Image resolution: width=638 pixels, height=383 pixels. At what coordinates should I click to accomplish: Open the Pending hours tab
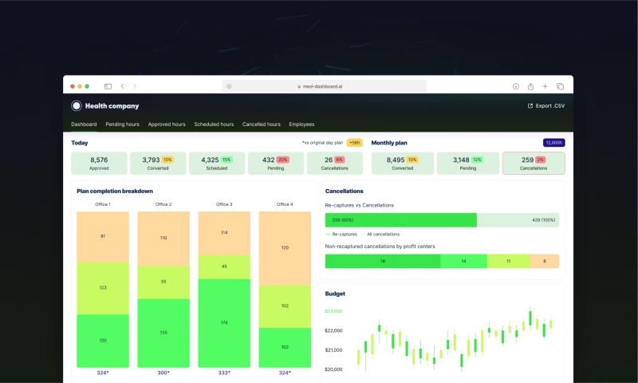coord(122,124)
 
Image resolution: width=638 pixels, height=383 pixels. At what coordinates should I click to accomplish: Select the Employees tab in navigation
coord(301,124)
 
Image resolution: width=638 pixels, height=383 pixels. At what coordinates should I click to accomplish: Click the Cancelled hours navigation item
coord(262,124)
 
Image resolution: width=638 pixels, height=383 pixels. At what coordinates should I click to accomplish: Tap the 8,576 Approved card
coord(99,163)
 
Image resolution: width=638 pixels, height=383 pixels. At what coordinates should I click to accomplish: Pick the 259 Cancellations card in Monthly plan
coord(534,163)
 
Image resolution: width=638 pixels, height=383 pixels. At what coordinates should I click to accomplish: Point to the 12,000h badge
coord(553,143)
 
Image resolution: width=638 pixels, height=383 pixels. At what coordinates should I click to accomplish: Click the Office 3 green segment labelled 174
coord(224,322)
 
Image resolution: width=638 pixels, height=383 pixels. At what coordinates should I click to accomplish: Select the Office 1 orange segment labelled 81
coord(103,236)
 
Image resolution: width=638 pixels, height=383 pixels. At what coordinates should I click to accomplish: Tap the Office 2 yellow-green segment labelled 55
coord(163,282)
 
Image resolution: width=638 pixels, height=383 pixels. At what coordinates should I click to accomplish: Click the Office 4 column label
coord(285,204)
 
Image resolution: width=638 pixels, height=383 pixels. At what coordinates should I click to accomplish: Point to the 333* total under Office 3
coord(224,373)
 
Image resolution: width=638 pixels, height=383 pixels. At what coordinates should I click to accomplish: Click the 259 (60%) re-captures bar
coord(400,220)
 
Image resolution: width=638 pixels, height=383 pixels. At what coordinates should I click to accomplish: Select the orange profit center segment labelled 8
coord(545,261)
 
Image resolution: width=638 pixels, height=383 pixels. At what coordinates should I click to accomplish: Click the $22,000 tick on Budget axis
coord(333,330)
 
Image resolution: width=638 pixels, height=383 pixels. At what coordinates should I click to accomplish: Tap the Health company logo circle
coord(77,105)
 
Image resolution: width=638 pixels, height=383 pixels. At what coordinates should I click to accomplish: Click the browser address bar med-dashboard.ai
coord(324,86)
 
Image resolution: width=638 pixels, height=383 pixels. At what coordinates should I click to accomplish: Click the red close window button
coord(72,86)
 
